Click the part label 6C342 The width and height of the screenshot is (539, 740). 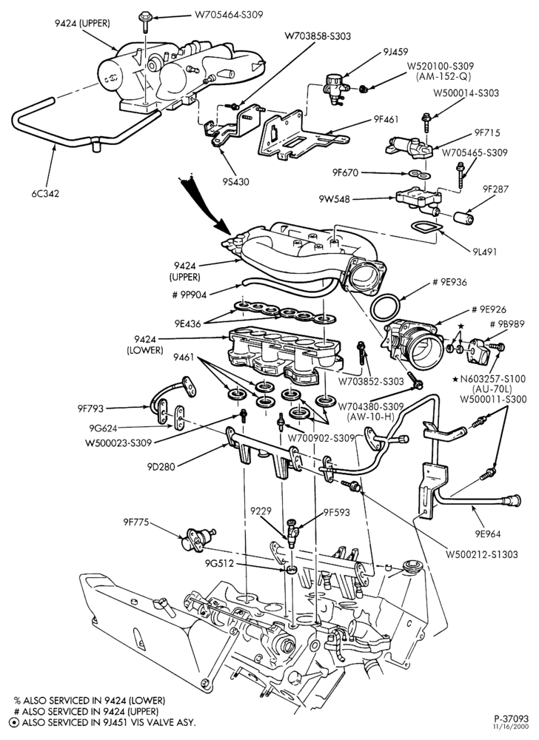[x=45, y=193]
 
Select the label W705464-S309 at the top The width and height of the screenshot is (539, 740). [x=229, y=15]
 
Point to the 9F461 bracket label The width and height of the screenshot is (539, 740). [x=385, y=120]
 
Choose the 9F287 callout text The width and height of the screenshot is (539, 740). [x=495, y=189]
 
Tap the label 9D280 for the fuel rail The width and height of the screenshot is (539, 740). [x=161, y=467]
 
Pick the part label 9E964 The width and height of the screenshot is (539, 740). [x=488, y=534]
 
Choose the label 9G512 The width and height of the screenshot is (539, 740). [x=219, y=563]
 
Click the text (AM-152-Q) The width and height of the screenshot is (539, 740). [x=442, y=76]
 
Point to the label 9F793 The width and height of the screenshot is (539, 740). [x=90, y=408]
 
